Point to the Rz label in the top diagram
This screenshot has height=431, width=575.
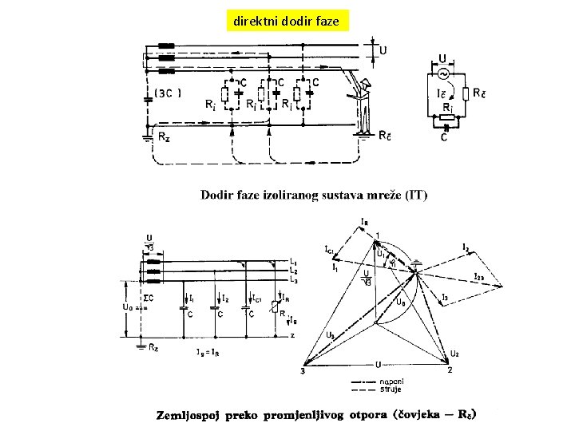[x=163, y=136]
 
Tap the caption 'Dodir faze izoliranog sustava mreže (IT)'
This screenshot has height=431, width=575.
[x=314, y=195]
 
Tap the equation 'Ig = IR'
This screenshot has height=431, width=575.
[x=208, y=350]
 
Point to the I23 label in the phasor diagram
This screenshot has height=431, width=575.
[x=478, y=277]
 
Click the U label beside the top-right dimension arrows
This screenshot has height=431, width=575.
[x=384, y=49]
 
